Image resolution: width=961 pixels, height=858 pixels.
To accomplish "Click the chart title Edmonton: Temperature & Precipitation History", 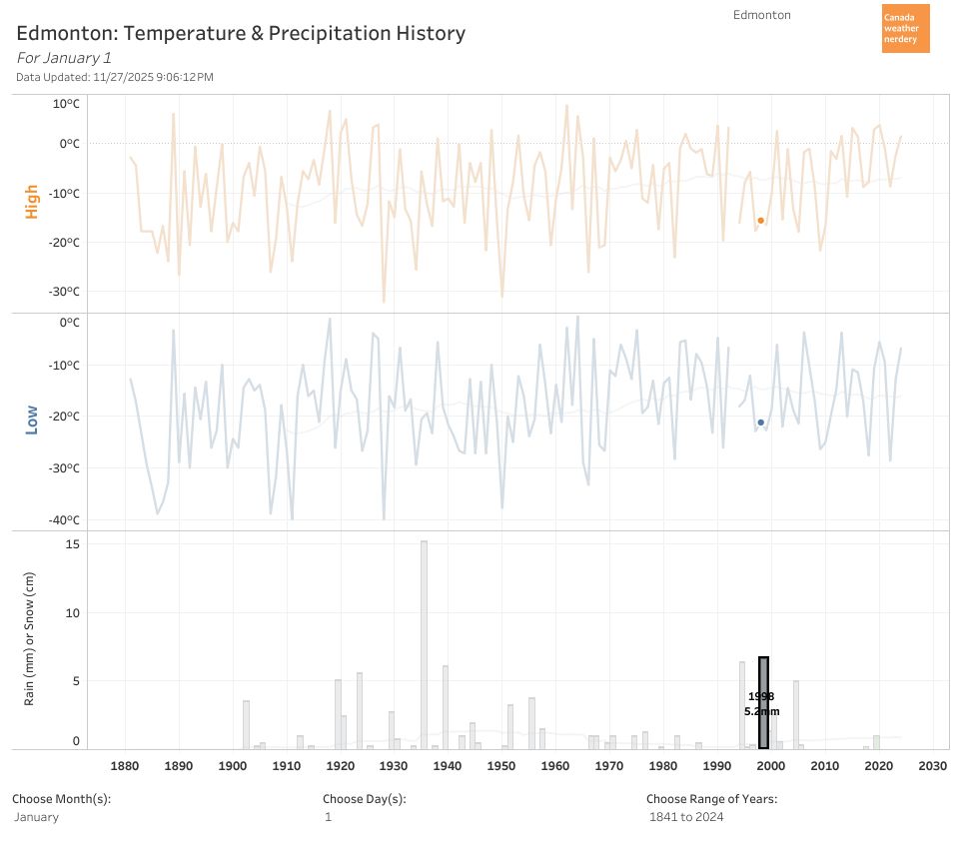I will [x=241, y=33].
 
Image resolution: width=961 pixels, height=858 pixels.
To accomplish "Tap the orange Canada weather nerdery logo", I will [x=905, y=28].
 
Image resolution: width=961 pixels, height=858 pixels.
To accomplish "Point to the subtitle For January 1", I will [x=64, y=58].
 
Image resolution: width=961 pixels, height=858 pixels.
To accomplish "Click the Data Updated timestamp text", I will [x=115, y=77].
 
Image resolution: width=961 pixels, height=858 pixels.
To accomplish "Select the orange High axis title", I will [x=32, y=201].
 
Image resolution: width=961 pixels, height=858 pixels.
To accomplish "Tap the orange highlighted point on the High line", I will [x=760, y=220].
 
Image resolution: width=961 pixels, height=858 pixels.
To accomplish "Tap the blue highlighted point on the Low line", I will [x=760, y=422].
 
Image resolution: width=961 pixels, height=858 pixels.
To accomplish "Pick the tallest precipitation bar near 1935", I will [x=424, y=644].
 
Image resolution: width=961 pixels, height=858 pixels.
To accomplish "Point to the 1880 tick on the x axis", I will [x=125, y=766].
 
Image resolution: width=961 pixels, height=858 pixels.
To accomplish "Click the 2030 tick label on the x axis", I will [x=932, y=766].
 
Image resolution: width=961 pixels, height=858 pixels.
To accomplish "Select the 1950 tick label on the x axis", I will [x=501, y=766].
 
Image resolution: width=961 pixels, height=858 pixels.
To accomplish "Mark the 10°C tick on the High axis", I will [x=66, y=104].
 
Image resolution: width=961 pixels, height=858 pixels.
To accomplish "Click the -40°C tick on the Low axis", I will [x=64, y=520].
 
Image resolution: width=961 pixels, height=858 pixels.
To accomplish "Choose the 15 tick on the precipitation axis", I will [x=73, y=544].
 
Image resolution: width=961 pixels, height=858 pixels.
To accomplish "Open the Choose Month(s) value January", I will [x=37, y=817].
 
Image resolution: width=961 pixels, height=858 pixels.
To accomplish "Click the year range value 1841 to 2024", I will [x=686, y=817].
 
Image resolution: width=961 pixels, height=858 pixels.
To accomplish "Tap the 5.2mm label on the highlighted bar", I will [x=761, y=711].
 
